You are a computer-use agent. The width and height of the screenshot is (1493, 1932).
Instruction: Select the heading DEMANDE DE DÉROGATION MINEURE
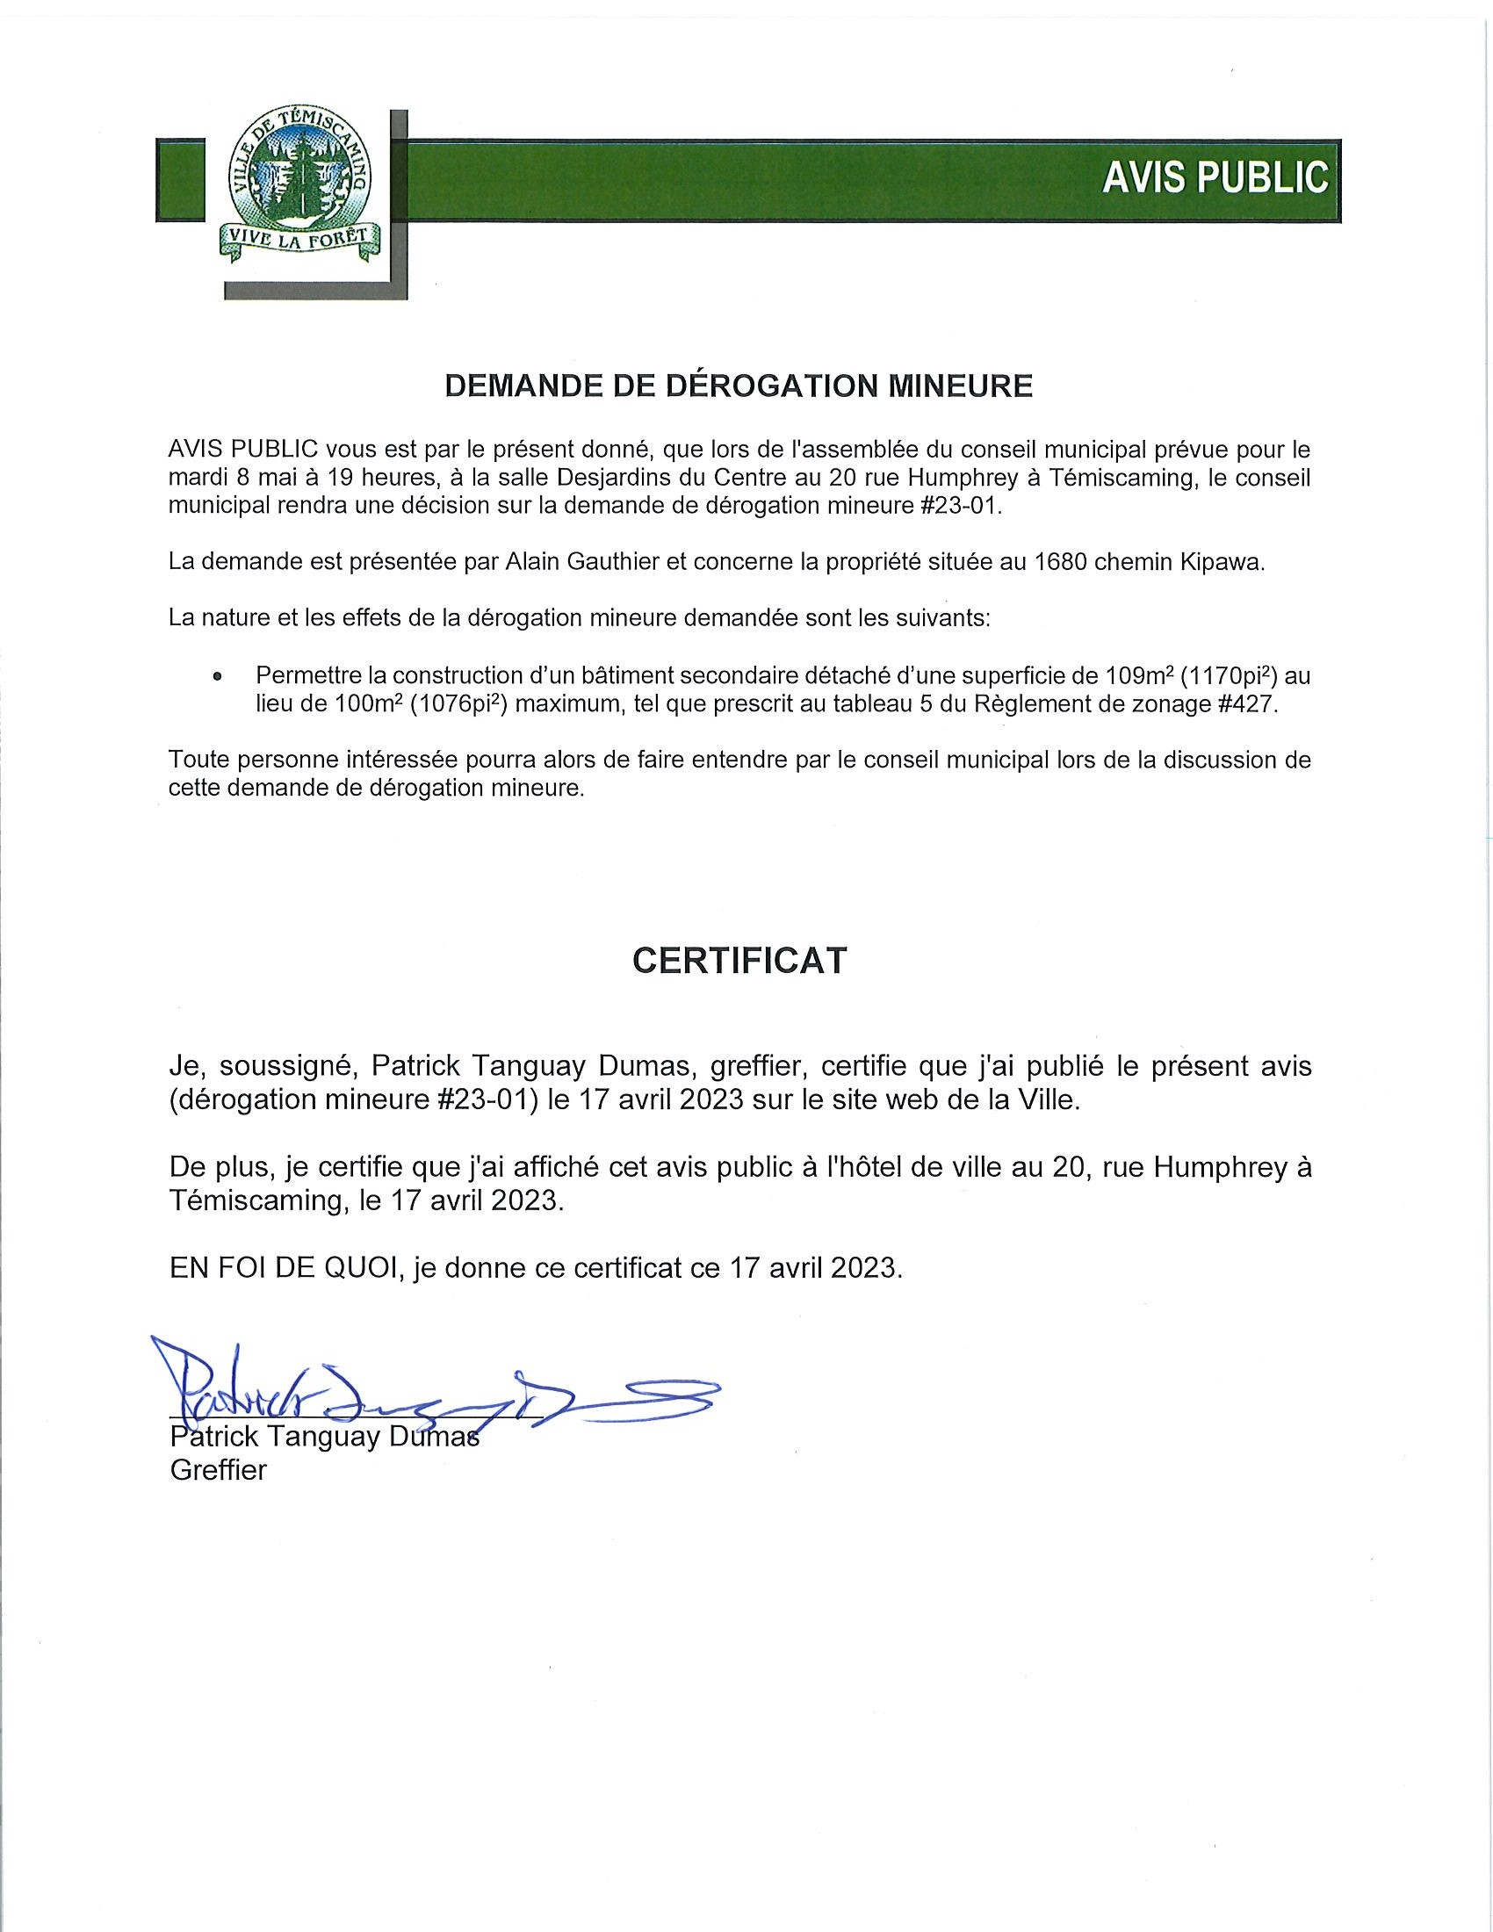[x=739, y=386]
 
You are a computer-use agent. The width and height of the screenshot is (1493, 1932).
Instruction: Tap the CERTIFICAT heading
[x=739, y=960]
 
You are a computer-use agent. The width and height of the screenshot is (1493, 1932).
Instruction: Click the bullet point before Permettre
[x=217, y=678]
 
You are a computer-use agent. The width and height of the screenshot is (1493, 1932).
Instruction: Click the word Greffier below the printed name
[x=218, y=1470]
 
